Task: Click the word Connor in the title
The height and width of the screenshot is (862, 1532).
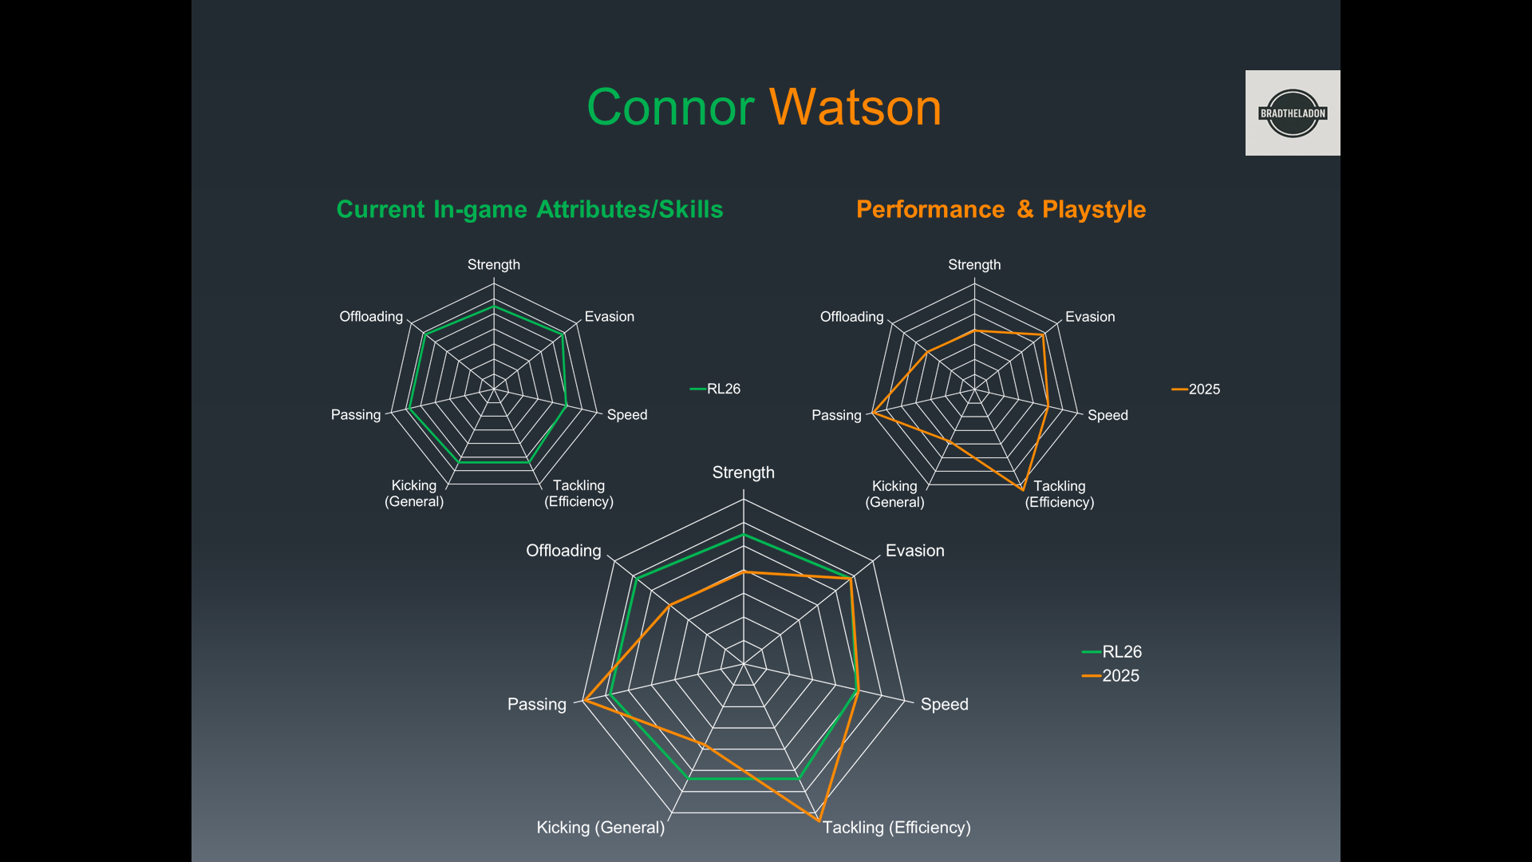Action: click(670, 107)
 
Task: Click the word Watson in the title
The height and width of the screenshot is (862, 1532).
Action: click(855, 107)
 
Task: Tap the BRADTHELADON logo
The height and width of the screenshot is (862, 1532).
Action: click(1292, 113)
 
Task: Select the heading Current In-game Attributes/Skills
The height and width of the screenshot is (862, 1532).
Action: click(529, 209)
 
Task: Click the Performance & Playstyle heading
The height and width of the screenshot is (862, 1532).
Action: click(1001, 209)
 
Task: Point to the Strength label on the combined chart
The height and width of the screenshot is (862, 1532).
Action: click(743, 473)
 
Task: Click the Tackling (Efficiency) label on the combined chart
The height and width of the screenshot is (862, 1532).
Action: click(897, 828)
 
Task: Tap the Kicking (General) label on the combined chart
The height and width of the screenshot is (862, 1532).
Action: click(600, 828)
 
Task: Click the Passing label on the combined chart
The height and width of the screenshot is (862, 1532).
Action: click(537, 704)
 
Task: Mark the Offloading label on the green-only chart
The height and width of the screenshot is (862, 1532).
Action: click(371, 317)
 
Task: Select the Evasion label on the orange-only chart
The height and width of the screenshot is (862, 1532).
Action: click(1090, 317)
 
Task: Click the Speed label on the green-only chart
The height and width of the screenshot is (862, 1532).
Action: click(627, 415)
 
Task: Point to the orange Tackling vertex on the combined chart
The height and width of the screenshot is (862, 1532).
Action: click(819, 820)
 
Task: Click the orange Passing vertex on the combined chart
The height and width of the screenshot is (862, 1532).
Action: click(584, 700)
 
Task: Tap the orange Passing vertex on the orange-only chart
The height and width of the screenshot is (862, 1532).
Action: click(874, 413)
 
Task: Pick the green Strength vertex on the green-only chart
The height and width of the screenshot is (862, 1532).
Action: click(494, 306)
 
